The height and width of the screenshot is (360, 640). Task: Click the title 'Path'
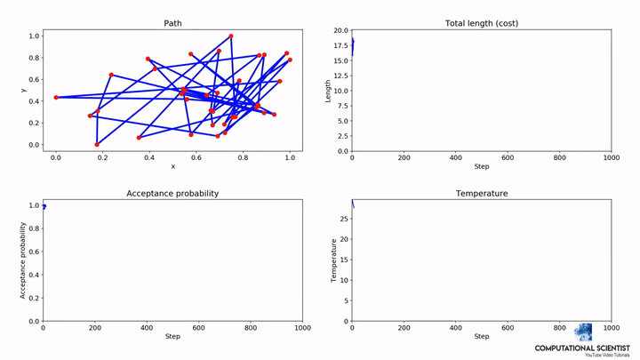(x=172, y=23)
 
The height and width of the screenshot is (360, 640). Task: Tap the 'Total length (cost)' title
(x=481, y=23)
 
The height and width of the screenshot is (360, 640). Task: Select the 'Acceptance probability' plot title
(x=172, y=193)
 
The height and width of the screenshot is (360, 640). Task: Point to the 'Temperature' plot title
(x=481, y=193)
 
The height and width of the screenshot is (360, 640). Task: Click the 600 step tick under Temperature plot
(x=508, y=328)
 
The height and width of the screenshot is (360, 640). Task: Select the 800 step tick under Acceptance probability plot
(x=250, y=328)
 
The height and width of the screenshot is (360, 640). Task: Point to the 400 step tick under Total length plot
(x=456, y=158)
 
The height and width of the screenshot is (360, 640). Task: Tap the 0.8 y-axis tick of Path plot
(x=35, y=58)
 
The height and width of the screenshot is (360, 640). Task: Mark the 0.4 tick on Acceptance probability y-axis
(x=33, y=275)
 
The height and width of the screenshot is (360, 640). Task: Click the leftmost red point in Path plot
(x=56, y=97)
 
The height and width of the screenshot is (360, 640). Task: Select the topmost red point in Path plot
(x=230, y=36)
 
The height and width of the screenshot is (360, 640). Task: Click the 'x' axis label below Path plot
(x=172, y=166)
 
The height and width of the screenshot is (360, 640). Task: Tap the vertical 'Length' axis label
(x=328, y=91)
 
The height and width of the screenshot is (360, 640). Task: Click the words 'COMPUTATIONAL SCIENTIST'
(x=582, y=348)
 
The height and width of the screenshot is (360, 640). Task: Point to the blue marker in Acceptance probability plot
(x=44, y=207)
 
